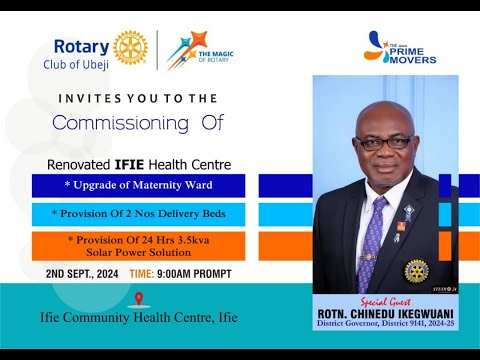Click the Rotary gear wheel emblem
pos(130,47)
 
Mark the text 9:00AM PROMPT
pos(198,274)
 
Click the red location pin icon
pos(138,298)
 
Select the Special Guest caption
pos(385,299)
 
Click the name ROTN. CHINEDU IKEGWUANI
pos(385,311)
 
